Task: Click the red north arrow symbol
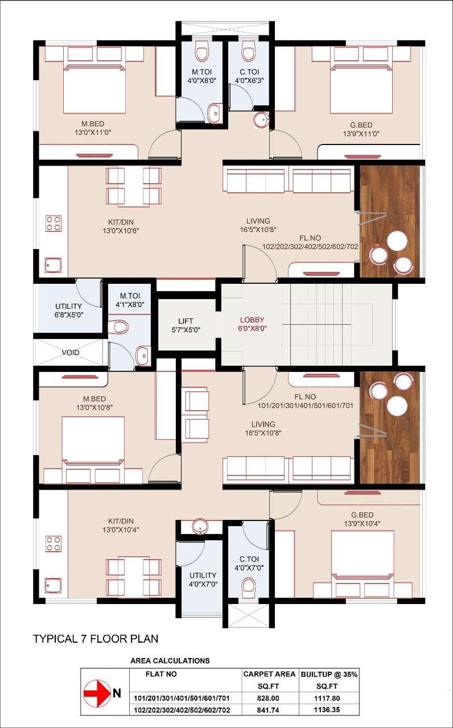pos(97,693)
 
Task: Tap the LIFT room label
pos(186,325)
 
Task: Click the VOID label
pos(71,352)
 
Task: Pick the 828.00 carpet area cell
pos(268,698)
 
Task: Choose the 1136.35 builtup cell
pos(327,710)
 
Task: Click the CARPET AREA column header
pos(269,674)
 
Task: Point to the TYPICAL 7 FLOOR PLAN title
pos(96,639)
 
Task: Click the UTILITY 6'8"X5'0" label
pos(69,311)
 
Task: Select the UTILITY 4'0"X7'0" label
pos(203,580)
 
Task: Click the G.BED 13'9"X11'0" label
pos(361,129)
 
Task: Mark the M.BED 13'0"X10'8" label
pos(94,403)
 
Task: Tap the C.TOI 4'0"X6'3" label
pos(249,76)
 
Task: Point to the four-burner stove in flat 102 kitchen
pos(53,224)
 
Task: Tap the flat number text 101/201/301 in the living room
pos(306,406)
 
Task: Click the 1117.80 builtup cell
pos(327,698)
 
